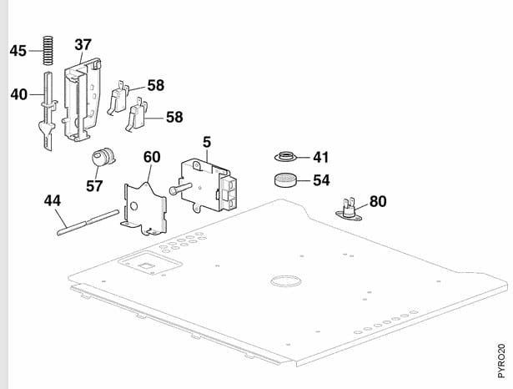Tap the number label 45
tap(18, 52)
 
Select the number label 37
tap(83, 44)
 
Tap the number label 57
tap(94, 185)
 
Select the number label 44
tap(53, 200)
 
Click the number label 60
tap(152, 156)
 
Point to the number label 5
tap(208, 142)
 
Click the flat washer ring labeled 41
tap(287, 157)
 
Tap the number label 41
tap(322, 156)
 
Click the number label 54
tap(322, 179)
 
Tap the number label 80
tap(378, 201)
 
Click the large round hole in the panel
tap(284, 280)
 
